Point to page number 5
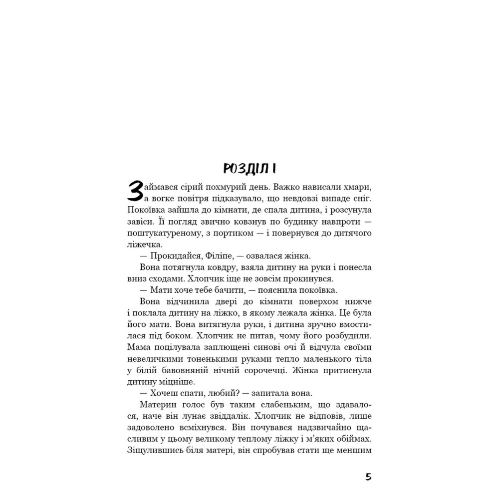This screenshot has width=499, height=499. pos(368,477)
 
